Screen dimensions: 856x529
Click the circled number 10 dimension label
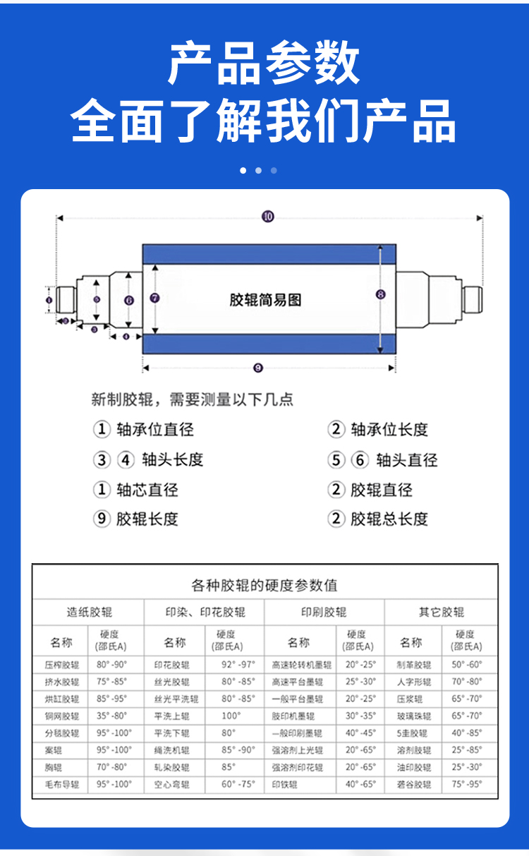click(x=267, y=217)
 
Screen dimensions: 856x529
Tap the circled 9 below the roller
click(x=257, y=367)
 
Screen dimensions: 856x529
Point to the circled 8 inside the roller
click(x=381, y=294)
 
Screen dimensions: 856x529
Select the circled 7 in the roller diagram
click(x=154, y=298)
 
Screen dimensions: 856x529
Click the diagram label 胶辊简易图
click(x=265, y=300)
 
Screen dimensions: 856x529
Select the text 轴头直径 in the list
click(x=407, y=460)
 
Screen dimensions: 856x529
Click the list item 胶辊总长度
click(x=389, y=519)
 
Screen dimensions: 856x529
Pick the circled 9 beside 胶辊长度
click(x=102, y=519)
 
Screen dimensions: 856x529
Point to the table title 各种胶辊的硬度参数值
click(x=264, y=585)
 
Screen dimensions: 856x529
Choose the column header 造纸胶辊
click(x=89, y=612)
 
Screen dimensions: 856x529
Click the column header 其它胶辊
click(x=442, y=612)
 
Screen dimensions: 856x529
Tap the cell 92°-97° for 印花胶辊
click(x=238, y=665)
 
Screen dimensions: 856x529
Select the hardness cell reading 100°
click(x=231, y=716)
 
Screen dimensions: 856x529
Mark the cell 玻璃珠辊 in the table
click(x=413, y=716)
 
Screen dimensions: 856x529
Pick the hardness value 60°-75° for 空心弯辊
click(x=238, y=784)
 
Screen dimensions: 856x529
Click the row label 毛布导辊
click(x=62, y=784)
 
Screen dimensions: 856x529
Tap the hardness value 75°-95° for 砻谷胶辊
click(x=467, y=784)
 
